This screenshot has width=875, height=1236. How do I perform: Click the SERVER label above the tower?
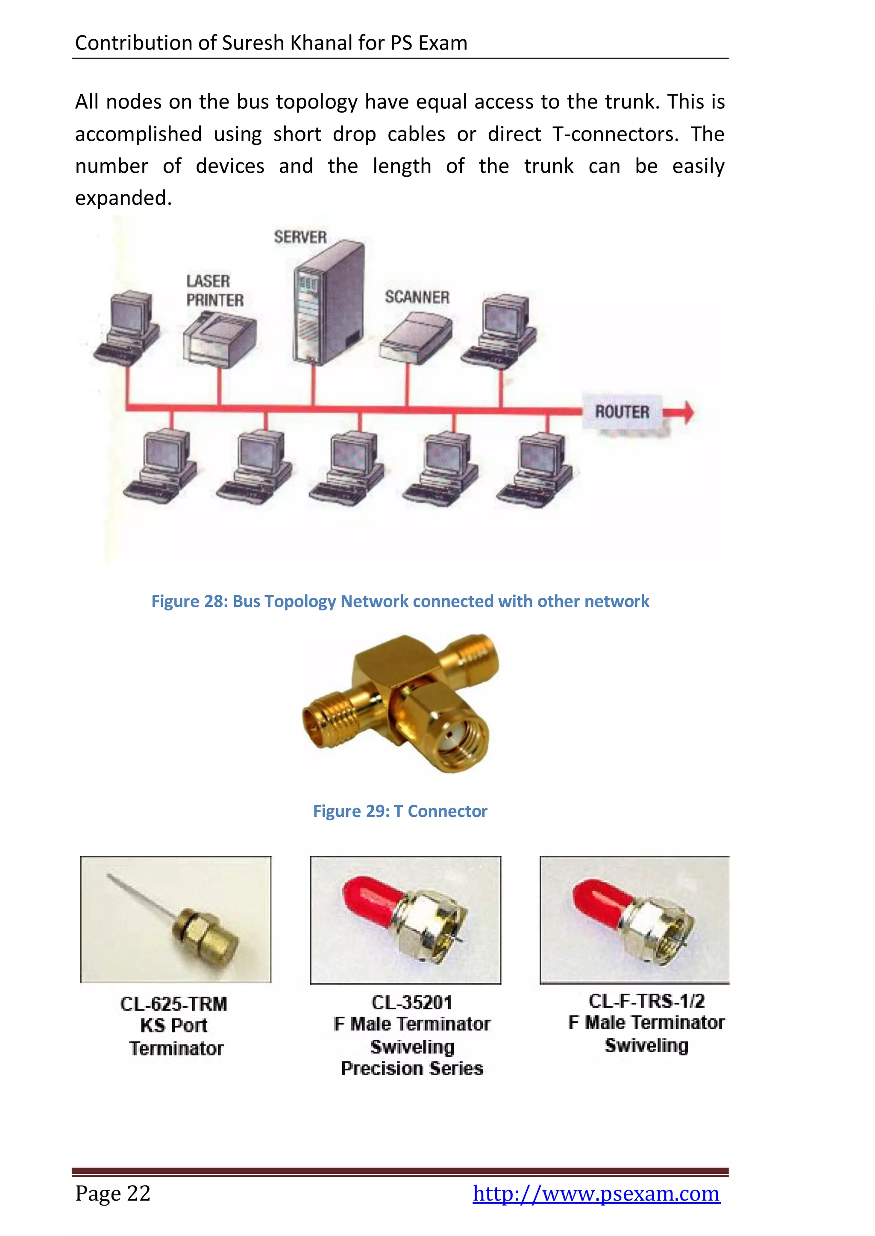pos(300,237)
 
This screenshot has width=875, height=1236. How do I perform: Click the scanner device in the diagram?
pos(415,338)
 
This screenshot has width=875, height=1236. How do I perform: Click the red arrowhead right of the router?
pos(687,412)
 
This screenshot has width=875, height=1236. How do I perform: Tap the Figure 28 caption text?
pos(400,601)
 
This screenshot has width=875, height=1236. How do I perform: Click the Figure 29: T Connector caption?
pos(400,811)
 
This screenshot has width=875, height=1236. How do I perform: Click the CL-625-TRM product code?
pos(174,1004)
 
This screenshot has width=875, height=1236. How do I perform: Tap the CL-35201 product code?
pos(411,1003)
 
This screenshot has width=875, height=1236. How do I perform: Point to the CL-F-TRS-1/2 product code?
pos(646,1001)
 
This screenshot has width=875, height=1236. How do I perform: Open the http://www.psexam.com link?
pos(596,1193)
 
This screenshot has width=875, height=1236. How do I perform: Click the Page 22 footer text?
pos(113,1193)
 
